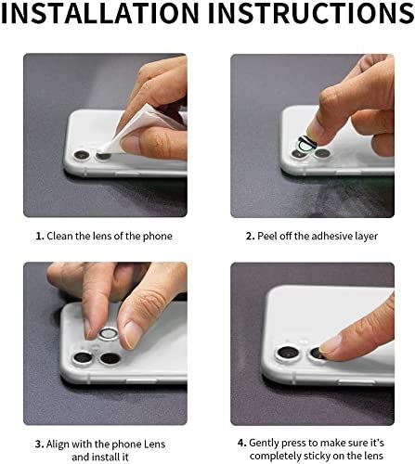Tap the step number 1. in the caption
pyautogui.click(x=41, y=236)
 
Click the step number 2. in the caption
pyautogui.click(x=251, y=236)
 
